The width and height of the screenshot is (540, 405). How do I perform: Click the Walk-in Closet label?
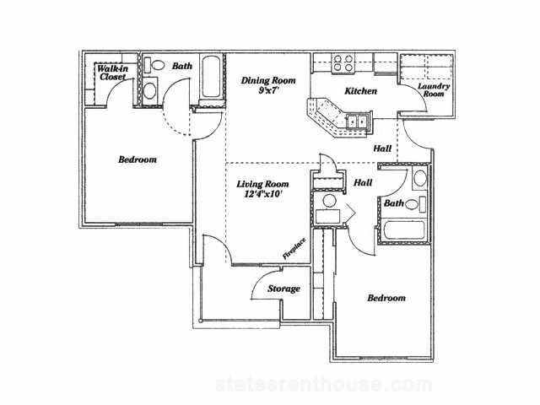point(112,73)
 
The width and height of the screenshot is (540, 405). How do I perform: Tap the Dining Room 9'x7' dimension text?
point(268,91)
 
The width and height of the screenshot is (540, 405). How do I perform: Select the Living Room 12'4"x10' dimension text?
point(262,194)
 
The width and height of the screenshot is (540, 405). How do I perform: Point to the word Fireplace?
point(294,249)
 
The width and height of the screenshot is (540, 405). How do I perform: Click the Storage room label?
point(283,289)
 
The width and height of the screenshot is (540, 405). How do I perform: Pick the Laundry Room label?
point(434,89)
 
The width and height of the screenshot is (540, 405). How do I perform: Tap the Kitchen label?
point(360,91)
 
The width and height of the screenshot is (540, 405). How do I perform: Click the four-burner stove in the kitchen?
point(343,63)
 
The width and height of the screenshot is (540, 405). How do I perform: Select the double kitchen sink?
point(357,121)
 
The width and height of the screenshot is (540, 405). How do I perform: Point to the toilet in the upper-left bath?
point(154,66)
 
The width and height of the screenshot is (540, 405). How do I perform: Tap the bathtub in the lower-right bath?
point(403,230)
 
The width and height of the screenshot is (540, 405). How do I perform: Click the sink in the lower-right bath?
point(420,178)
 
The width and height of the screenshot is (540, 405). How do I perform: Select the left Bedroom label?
point(138,159)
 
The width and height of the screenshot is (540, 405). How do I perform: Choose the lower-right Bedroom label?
point(386,298)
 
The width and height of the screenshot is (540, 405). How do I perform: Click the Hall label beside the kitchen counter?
point(382,148)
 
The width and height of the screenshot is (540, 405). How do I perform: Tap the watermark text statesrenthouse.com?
point(324,385)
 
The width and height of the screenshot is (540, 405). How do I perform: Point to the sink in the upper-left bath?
point(149,90)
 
